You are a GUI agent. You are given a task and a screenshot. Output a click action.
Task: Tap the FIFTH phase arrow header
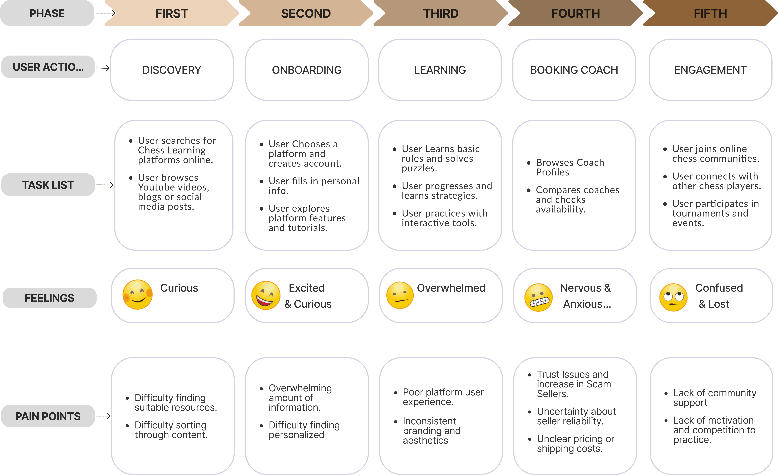coord(710,13)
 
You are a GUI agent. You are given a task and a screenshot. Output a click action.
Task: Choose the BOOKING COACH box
coord(574,70)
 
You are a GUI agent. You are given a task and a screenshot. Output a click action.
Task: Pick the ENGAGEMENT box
coord(710,70)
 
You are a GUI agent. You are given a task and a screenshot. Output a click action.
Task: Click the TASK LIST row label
coord(48,185)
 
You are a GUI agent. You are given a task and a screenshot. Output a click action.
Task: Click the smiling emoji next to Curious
coord(137,294)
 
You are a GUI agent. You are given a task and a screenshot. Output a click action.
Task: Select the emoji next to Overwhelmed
coord(400,295)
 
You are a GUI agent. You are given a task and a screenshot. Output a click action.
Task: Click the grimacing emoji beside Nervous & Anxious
coord(538,297)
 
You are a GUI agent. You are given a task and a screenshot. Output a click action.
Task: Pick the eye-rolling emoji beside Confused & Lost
coord(673,297)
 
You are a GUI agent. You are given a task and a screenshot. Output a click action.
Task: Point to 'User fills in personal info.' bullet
coord(314,186)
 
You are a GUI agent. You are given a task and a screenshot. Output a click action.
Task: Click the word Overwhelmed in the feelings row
coord(451,288)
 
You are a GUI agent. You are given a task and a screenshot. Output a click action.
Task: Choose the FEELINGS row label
coord(50,298)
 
